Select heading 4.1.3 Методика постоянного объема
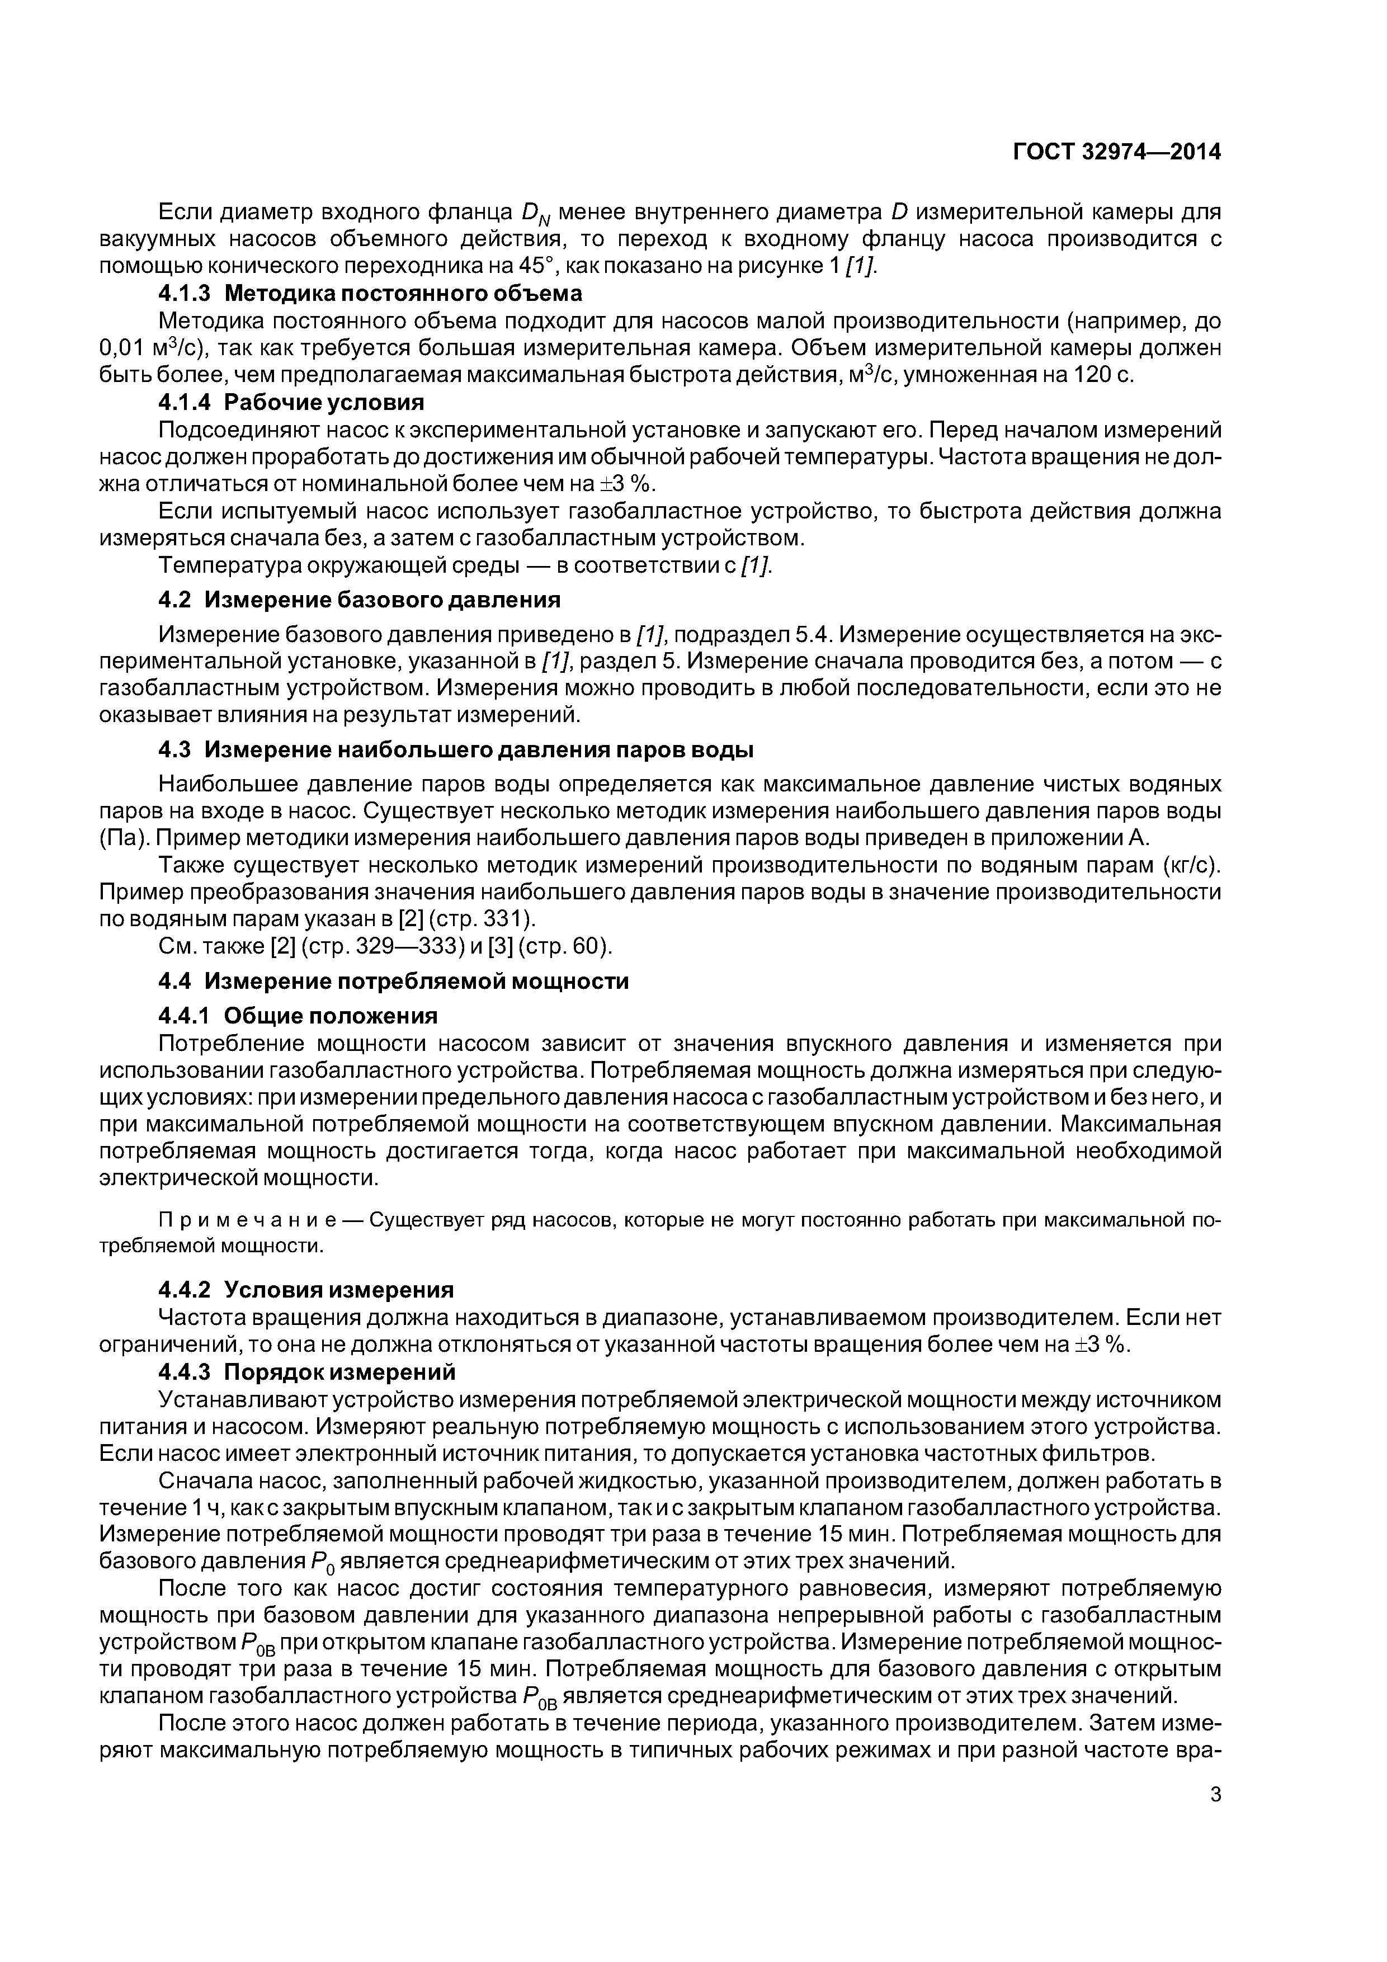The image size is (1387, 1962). click(370, 293)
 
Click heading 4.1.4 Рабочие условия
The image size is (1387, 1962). click(291, 402)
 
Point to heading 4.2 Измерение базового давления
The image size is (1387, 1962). click(359, 600)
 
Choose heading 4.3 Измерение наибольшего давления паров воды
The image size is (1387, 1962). click(455, 749)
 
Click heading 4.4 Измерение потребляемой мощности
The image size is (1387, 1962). click(393, 981)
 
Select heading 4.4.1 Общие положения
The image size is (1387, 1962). click(298, 1015)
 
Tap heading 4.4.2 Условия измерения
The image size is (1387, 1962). click(306, 1289)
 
